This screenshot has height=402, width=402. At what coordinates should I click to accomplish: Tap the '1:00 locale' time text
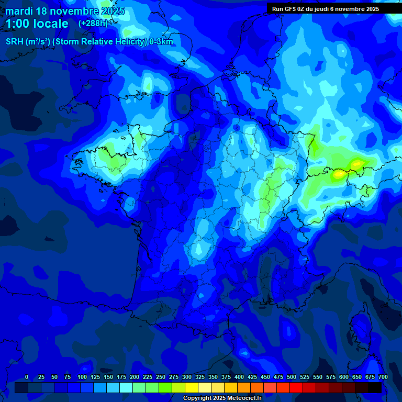click(37, 24)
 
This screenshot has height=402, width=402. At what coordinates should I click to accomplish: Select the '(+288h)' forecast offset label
click(93, 24)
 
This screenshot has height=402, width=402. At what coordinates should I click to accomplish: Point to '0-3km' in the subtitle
click(161, 42)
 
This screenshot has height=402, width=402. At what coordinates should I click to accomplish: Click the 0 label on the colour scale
click(27, 377)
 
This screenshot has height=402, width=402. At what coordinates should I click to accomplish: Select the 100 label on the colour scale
click(82, 377)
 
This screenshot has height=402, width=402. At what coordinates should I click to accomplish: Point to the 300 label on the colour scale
click(187, 377)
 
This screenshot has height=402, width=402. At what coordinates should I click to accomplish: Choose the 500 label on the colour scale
click(292, 377)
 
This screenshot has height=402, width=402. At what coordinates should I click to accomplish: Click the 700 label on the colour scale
click(383, 377)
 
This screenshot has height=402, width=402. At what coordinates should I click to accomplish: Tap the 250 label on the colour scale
click(161, 377)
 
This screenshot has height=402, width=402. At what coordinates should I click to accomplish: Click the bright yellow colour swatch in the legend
click(192, 387)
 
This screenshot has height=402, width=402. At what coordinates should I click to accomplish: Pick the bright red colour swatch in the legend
click(296, 387)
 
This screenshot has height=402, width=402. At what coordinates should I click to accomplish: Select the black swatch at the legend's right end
click(375, 387)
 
